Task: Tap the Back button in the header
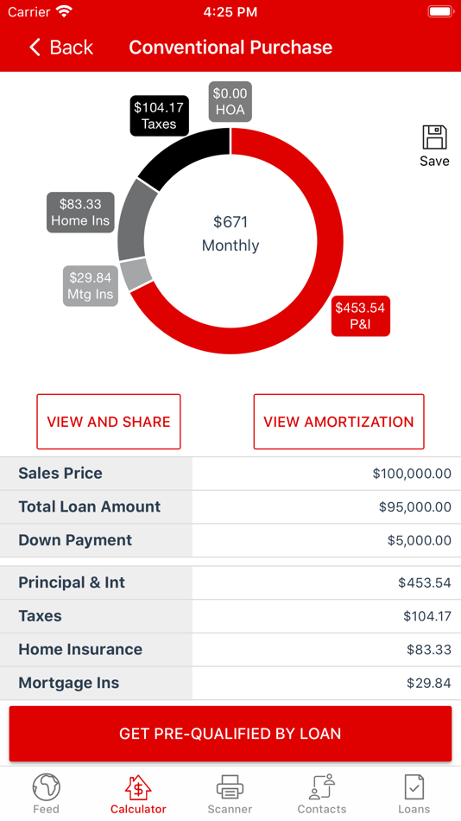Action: [x=61, y=48]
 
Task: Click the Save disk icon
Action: [x=434, y=138]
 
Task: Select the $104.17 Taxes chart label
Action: [x=159, y=115]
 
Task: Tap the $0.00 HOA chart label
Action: [x=230, y=102]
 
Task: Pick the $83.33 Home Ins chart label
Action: [x=80, y=213]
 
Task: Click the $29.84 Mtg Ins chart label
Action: [x=90, y=286]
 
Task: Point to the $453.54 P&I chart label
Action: [x=360, y=316]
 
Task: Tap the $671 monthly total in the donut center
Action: [x=230, y=233]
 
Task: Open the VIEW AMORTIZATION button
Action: [x=338, y=422]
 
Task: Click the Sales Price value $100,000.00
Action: [x=412, y=474]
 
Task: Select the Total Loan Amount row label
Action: [x=90, y=507]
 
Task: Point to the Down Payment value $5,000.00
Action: [x=419, y=541]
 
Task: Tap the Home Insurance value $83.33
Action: [x=428, y=650]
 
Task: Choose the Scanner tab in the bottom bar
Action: [x=230, y=793]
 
